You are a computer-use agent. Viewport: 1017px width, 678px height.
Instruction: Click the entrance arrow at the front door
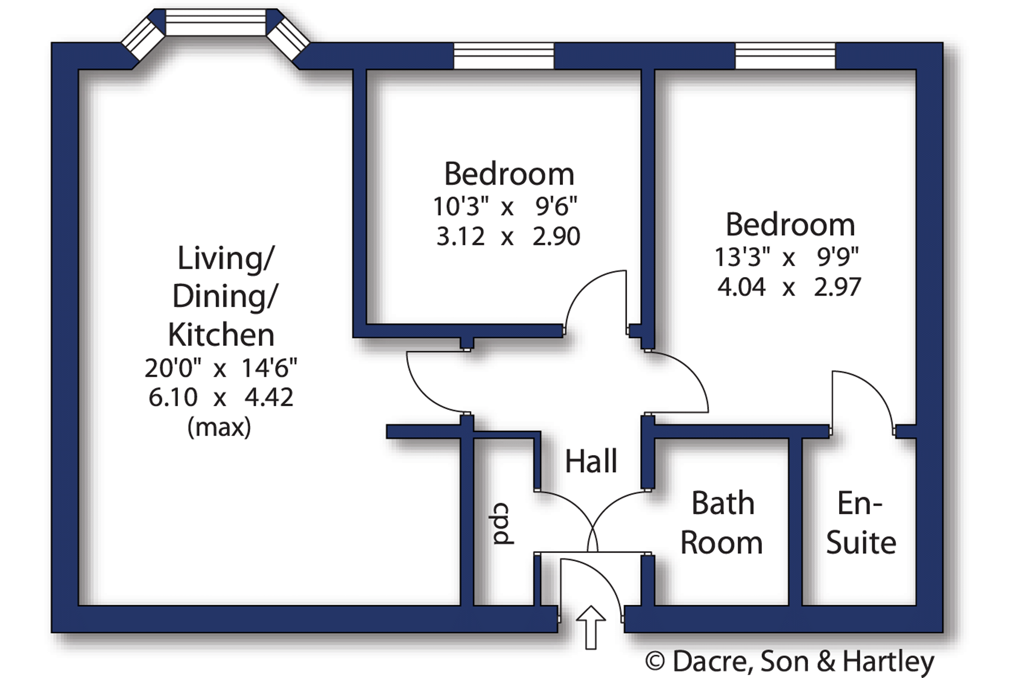pyautogui.click(x=591, y=627)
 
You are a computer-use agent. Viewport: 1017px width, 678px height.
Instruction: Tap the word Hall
pyautogui.click(x=591, y=461)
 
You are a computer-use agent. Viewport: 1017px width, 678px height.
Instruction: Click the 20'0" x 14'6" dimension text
pyautogui.click(x=221, y=368)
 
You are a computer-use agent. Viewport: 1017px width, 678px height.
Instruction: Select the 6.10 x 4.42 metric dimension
pyautogui.click(x=221, y=397)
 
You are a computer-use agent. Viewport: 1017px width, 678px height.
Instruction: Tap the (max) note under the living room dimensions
pyautogui.click(x=220, y=427)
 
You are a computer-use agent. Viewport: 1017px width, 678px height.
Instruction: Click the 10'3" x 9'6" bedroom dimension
pyautogui.click(x=505, y=206)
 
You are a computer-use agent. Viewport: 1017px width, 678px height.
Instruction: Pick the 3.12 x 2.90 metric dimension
pyautogui.click(x=508, y=236)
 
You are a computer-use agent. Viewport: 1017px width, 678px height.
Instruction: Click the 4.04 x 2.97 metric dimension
pyautogui.click(x=789, y=287)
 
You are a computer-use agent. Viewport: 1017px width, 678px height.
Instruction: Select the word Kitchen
pyautogui.click(x=221, y=334)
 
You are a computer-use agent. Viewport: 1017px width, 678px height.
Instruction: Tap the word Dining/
pyautogui.click(x=225, y=297)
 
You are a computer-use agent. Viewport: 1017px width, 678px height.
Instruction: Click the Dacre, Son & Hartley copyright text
pyautogui.click(x=789, y=662)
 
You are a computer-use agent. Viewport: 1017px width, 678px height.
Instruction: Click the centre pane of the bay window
pyautogui.click(x=216, y=22)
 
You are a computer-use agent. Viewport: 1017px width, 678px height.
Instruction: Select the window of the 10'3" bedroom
pyautogui.click(x=504, y=56)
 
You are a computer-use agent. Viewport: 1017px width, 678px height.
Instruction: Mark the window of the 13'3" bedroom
pyautogui.click(x=785, y=56)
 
